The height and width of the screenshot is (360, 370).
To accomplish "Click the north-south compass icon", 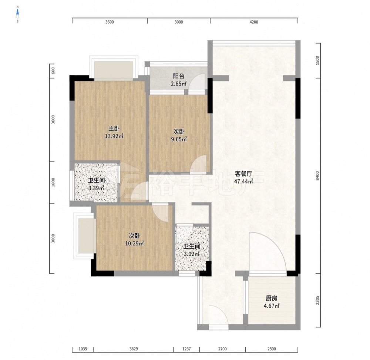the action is (17, 14).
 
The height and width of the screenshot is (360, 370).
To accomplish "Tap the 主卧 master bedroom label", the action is (114, 129).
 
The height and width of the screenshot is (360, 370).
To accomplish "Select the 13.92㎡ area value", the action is (114, 136).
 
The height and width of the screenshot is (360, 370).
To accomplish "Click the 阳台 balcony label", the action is (178, 76).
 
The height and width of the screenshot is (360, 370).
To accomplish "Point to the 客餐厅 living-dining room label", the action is (243, 174).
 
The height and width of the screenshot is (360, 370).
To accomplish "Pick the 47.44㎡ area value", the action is (243, 181).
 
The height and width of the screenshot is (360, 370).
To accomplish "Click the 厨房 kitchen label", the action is (271, 299).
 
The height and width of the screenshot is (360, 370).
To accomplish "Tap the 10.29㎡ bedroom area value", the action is (134, 243).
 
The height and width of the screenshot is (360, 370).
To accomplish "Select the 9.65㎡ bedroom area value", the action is (179, 139).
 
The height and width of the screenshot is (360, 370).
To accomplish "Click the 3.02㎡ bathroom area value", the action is (192, 254).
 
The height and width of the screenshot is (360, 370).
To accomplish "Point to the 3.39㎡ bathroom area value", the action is (96, 188).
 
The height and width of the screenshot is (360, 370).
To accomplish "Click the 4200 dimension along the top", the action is (254, 22).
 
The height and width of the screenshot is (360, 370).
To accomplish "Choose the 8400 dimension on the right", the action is (317, 176).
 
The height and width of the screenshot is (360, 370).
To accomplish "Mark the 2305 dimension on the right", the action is (317, 300).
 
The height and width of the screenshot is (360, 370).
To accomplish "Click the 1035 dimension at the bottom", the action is (83, 349).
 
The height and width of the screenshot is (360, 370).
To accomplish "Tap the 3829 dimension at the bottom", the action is (134, 349).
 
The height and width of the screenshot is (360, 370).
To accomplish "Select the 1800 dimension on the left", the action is (53, 182).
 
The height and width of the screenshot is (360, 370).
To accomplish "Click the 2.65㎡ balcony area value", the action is (179, 84).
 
